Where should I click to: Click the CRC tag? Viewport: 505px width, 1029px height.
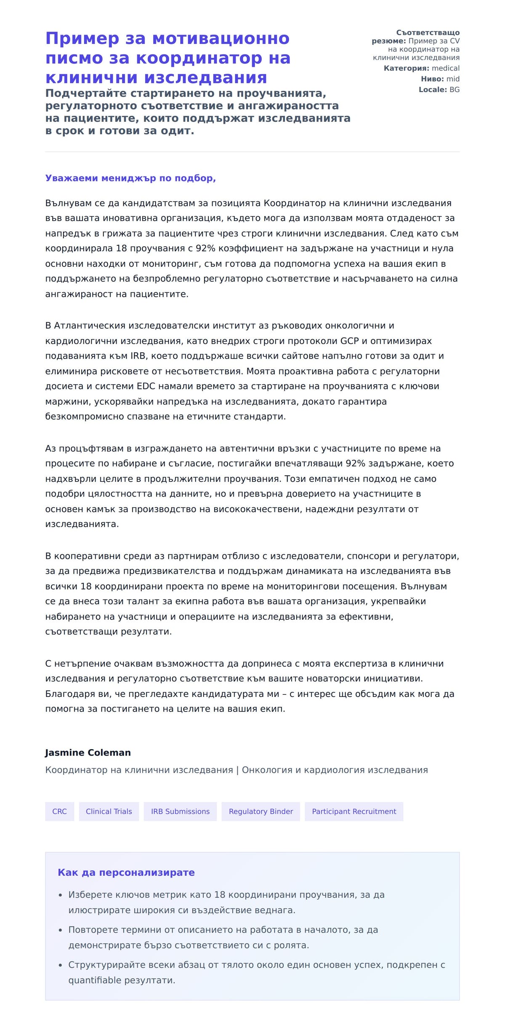pyautogui.click(x=59, y=811)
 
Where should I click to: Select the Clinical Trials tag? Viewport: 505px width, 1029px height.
pyautogui.click(x=109, y=811)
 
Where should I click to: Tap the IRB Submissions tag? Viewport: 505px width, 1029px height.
pyautogui.click(x=180, y=811)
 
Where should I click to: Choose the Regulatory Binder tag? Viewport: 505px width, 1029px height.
pyautogui.click(x=260, y=811)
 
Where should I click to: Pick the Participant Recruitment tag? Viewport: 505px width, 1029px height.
pyautogui.click(x=354, y=811)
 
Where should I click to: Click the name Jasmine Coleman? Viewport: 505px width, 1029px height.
pyautogui.click(x=88, y=752)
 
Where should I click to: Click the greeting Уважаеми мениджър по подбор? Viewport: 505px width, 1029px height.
pyautogui.click(x=130, y=178)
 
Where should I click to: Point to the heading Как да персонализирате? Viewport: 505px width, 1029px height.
pyautogui.click(x=126, y=872)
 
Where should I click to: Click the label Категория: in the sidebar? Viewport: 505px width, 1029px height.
pyautogui.click(x=406, y=68)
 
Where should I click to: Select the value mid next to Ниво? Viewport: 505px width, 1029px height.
pyautogui.click(x=453, y=79)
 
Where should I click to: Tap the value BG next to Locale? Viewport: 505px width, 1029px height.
pyautogui.click(x=454, y=90)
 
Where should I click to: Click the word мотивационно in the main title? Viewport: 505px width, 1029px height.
pyautogui.click(x=221, y=38)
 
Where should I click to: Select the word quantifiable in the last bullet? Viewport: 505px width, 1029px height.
pyautogui.click(x=94, y=980)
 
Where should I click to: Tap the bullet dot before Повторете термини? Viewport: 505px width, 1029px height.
pyautogui.click(x=60, y=931)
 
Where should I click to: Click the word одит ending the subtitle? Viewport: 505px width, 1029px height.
pyautogui.click(x=180, y=131)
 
